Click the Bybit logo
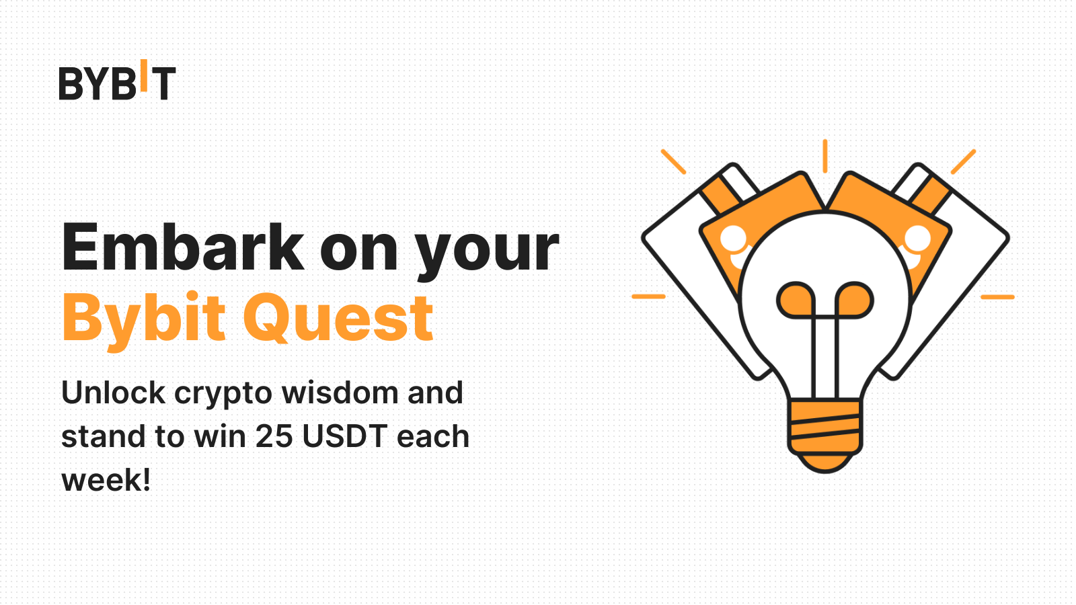[x=117, y=82]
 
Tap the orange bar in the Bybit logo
[x=143, y=76]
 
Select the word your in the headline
[x=487, y=251]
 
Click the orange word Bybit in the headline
[x=144, y=319]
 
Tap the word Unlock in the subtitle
[x=113, y=393]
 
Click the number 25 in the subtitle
[x=274, y=436]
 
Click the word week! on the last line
[x=106, y=480]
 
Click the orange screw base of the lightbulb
[x=824, y=430]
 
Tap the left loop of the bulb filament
[x=796, y=300]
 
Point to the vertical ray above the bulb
[x=825, y=156]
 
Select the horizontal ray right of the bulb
[x=997, y=296]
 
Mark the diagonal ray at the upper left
[x=673, y=162]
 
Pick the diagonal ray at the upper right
[x=963, y=162]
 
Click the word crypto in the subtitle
[x=223, y=394]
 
